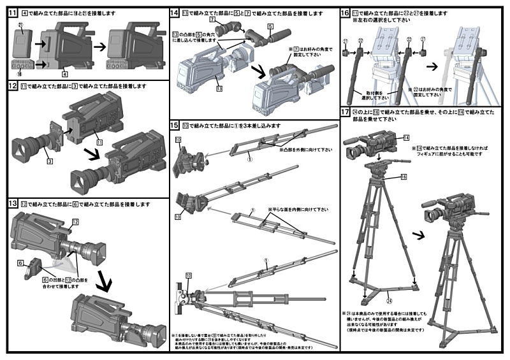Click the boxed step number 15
pyautogui.click(x=175, y=126)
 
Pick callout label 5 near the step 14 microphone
pyautogui.click(x=270, y=26)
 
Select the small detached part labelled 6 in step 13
pyautogui.click(x=32, y=271)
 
